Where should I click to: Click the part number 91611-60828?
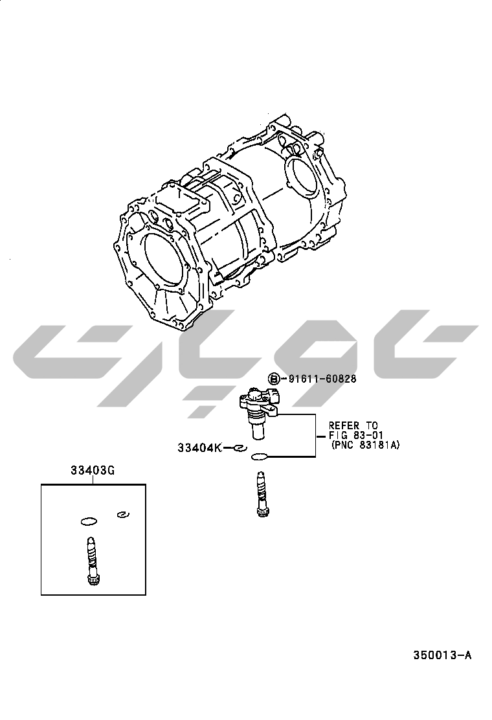322,379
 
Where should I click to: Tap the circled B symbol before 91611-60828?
274,379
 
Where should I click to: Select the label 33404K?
199,447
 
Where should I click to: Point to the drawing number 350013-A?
442,655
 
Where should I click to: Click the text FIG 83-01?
356,435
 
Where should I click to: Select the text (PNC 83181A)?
365,445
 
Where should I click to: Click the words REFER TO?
353,425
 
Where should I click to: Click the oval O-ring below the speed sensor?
260,457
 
